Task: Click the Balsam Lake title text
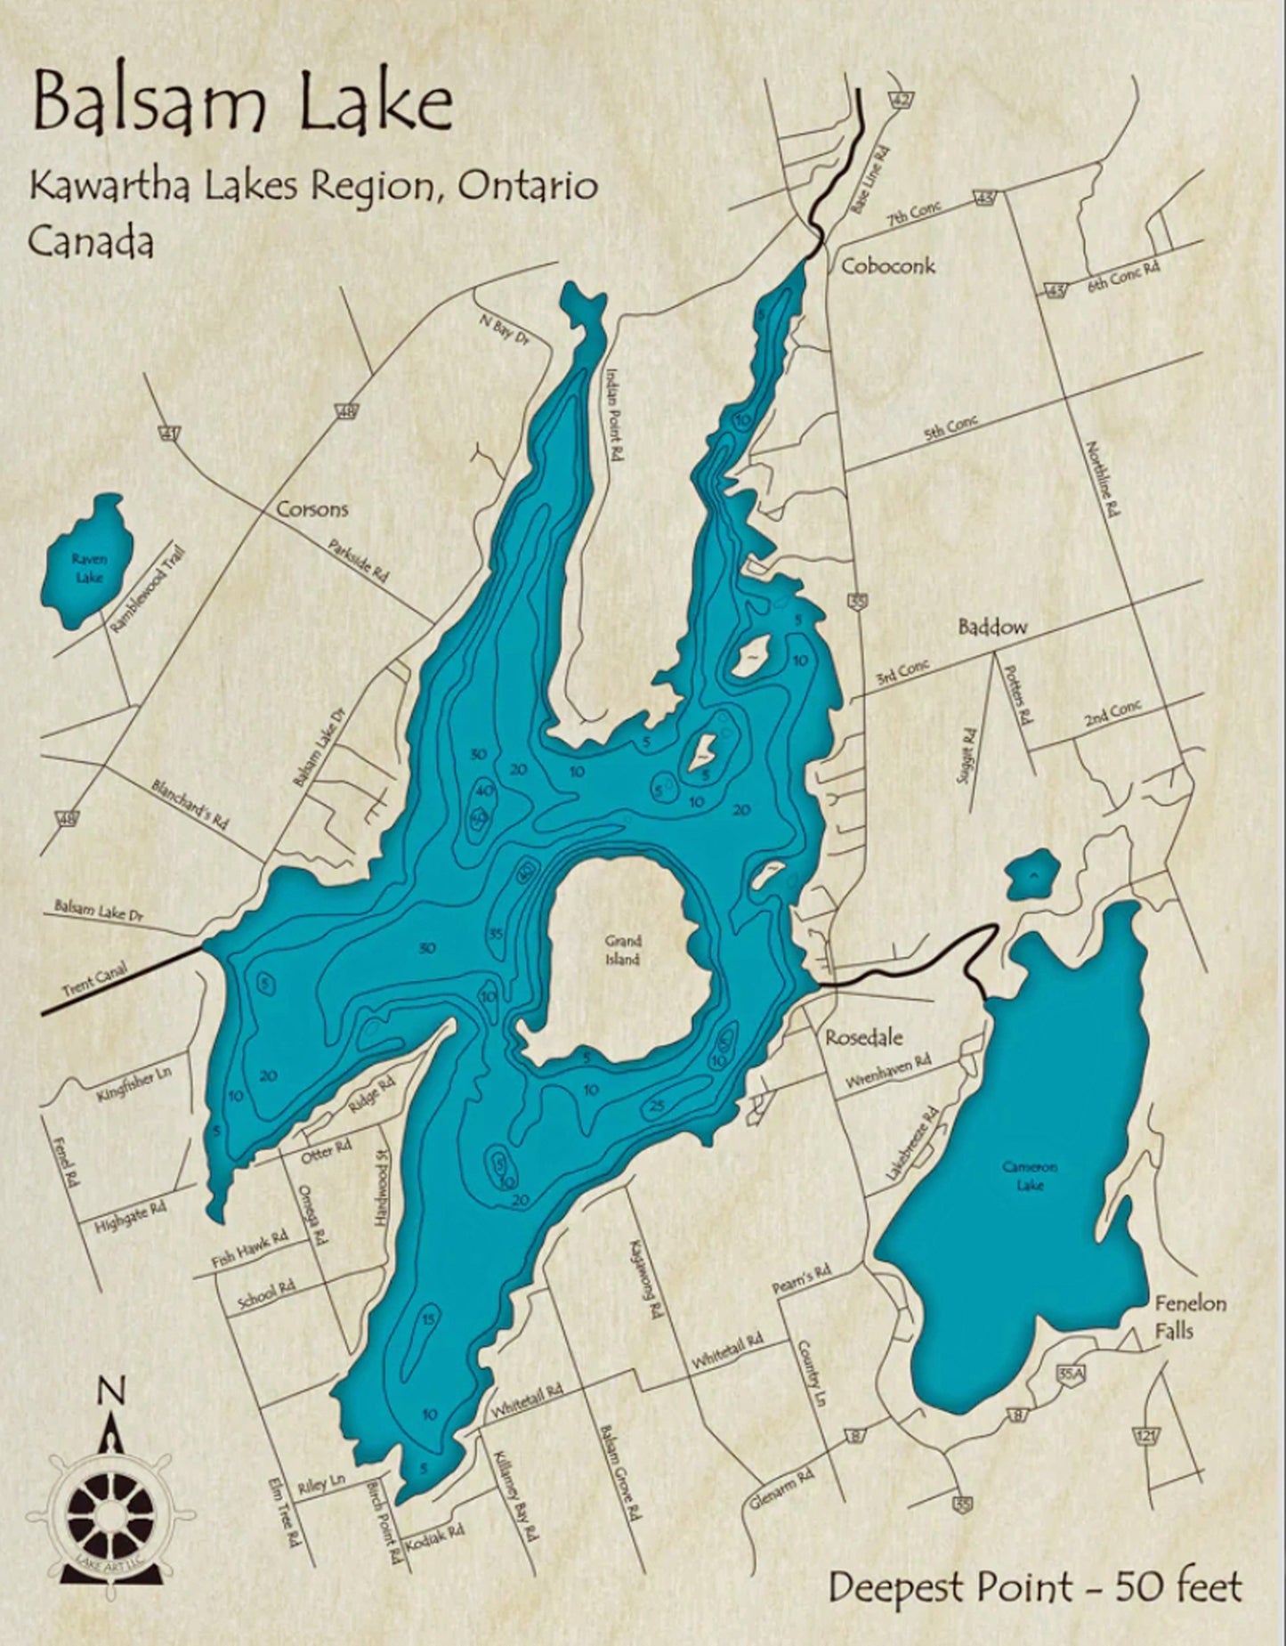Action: pos(242,105)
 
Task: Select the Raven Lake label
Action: pos(89,568)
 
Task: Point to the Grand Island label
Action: pos(622,950)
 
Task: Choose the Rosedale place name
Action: pos(864,1037)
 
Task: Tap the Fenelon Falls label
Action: pos(1190,1317)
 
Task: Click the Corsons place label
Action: pos(311,510)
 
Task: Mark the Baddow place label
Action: pos(992,627)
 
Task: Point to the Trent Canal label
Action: pos(95,979)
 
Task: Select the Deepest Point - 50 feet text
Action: pos(1034,1586)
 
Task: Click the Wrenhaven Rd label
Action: pos(887,1070)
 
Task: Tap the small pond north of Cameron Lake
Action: pos(1032,872)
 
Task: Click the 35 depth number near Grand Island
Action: pos(497,934)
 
